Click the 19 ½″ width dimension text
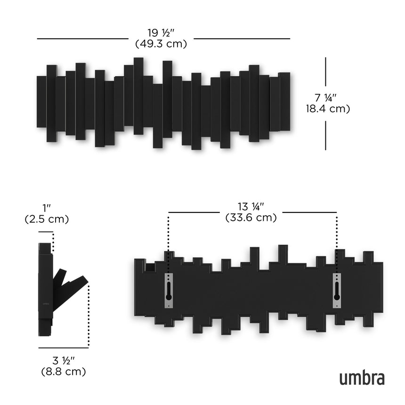(x=161, y=33)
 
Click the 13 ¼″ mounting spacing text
(x=251, y=207)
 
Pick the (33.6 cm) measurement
(x=251, y=218)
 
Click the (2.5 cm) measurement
(x=47, y=219)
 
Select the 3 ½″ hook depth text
(x=63, y=361)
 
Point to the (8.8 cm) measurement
(x=63, y=372)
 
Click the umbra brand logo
(x=362, y=378)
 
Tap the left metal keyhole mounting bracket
(x=169, y=290)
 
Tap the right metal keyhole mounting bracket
(x=337, y=290)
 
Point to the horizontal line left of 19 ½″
(x=82, y=39)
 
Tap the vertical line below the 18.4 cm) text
(x=325, y=135)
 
